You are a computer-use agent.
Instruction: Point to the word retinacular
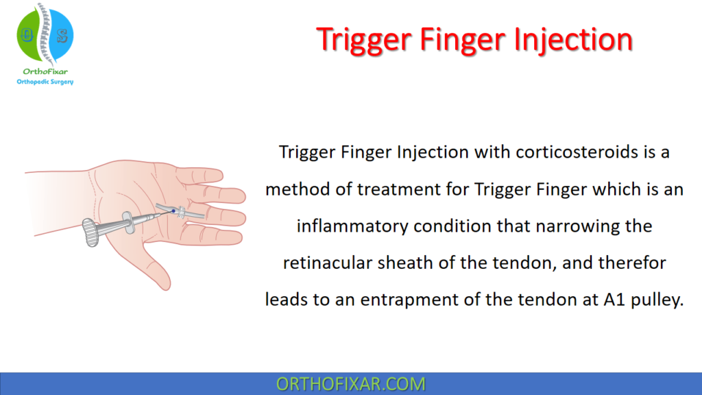pyautogui.click(x=324, y=263)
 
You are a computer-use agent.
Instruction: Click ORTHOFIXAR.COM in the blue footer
pyautogui.click(x=350, y=383)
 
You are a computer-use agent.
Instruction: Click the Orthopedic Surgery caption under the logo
pyautogui.click(x=45, y=82)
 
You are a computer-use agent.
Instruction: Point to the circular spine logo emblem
pyautogui.click(x=45, y=34)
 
